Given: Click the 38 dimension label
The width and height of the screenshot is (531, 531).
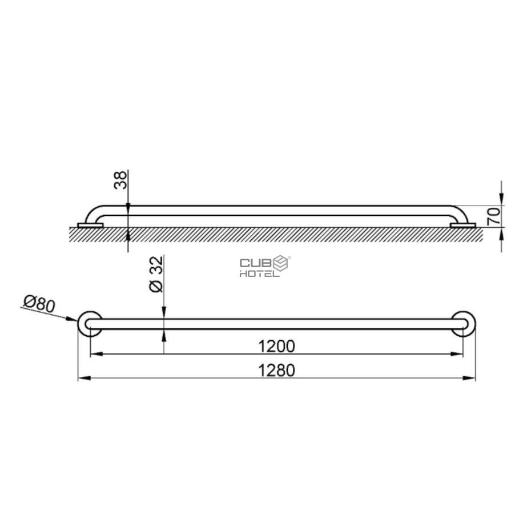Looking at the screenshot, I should [x=120, y=181].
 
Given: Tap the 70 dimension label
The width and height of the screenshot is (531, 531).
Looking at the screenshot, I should [x=494, y=215].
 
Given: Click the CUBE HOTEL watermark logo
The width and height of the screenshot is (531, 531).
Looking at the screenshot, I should [x=265, y=266].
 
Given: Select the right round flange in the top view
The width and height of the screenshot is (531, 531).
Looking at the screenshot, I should [x=463, y=324].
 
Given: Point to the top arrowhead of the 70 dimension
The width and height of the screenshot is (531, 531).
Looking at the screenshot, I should [x=501, y=200].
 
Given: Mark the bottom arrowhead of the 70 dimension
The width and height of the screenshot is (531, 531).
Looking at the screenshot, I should [x=501, y=231].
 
